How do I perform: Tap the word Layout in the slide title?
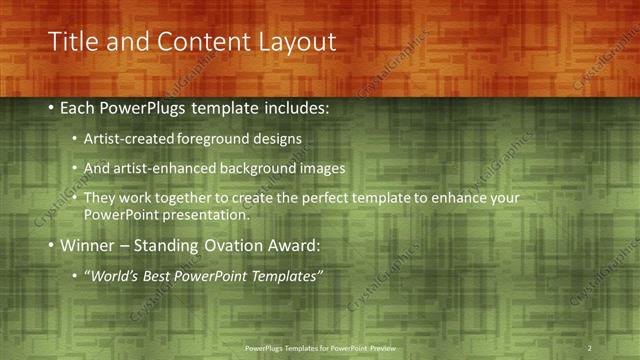(291, 42)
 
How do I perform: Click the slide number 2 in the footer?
(589, 347)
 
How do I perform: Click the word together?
(197, 198)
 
